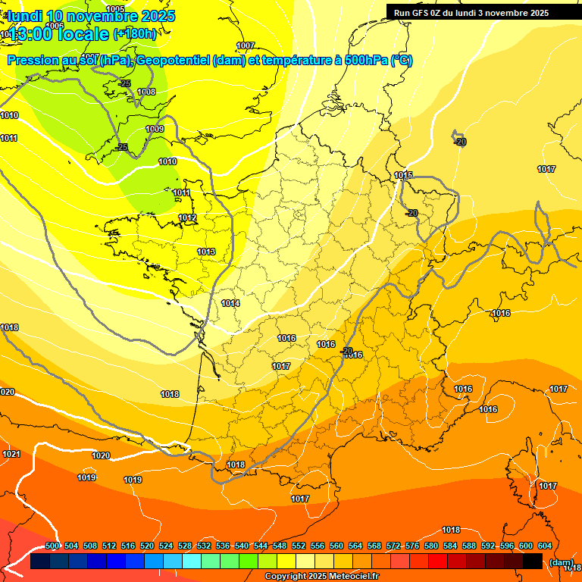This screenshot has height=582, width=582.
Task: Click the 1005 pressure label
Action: pos(116,9)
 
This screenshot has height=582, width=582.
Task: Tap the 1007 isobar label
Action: pos(246,46)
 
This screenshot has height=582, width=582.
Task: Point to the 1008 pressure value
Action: pos(146,92)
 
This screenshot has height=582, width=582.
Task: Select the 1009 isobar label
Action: pos(155,130)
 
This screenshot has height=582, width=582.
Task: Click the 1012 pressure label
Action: pos(187,218)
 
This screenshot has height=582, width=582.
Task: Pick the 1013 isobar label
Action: pos(206,252)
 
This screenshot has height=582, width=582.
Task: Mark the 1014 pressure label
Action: pos(230,303)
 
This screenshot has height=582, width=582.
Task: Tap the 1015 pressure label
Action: pos(403,176)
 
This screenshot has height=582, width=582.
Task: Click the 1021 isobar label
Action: pos(11,454)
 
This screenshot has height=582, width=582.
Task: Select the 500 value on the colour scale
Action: pos(52,546)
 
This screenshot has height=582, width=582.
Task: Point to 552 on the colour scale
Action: pos(299,546)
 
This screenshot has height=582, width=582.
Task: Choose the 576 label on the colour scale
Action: pos(412,546)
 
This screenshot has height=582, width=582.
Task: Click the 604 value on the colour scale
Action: pos(545,546)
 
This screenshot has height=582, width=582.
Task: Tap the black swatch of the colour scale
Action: pos(533,562)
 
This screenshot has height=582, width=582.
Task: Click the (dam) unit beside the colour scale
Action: pos(561,562)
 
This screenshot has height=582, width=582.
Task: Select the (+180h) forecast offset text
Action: pos(135,33)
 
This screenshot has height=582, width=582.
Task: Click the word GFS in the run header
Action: pos(419,13)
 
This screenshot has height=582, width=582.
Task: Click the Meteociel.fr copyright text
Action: pos(351,577)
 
